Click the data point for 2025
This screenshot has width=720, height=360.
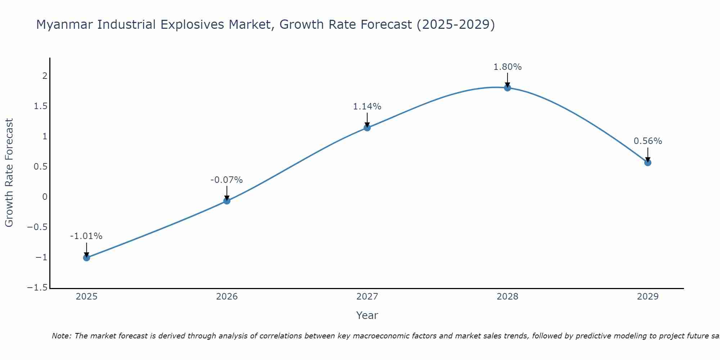point(86,257)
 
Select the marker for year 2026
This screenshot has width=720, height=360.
point(227,201)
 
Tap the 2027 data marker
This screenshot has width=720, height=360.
point(367,127)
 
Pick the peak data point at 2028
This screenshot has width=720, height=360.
point(508,87)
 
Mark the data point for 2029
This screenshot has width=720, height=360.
point(648,162)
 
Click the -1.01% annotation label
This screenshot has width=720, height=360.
point(86,236)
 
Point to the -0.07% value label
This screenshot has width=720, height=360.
point(226,180)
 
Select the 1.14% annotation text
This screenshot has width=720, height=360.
point(367,107)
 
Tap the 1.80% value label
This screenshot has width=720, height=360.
point(507,67)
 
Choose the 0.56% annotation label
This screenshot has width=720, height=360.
point(648,141)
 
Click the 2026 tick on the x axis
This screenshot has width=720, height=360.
point(227,297)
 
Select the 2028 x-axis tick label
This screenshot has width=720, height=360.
point(508,297)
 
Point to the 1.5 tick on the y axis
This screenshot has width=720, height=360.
point(41,106)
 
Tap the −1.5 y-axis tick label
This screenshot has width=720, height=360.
point(37,288)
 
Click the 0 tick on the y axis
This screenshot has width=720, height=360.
point(45,197)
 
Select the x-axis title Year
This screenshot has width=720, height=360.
point(367,315)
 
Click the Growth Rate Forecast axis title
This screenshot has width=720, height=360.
point(9,173)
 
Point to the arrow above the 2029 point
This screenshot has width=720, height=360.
point(648,154)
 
